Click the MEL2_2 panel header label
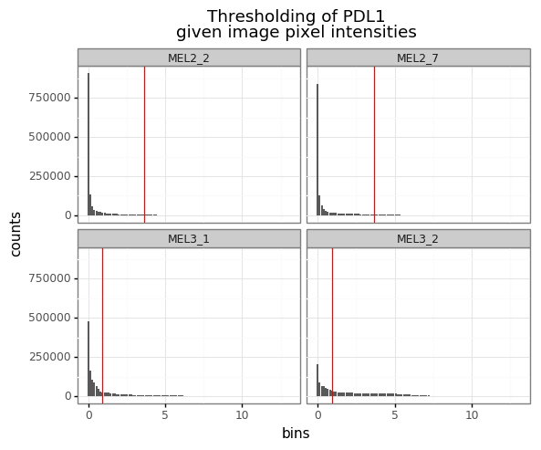click(189, 58)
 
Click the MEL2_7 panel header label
click(418, 58)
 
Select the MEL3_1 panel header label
click(189, 239)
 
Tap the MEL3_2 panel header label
click(418, 239)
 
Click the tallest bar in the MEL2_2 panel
click(88, 146)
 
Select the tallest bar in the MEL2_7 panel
click(317, 151)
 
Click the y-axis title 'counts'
click(16, 234)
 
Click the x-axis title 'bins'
click(296, 434)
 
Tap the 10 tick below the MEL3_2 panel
click(472, 415)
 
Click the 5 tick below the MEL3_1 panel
click(165, 415)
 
